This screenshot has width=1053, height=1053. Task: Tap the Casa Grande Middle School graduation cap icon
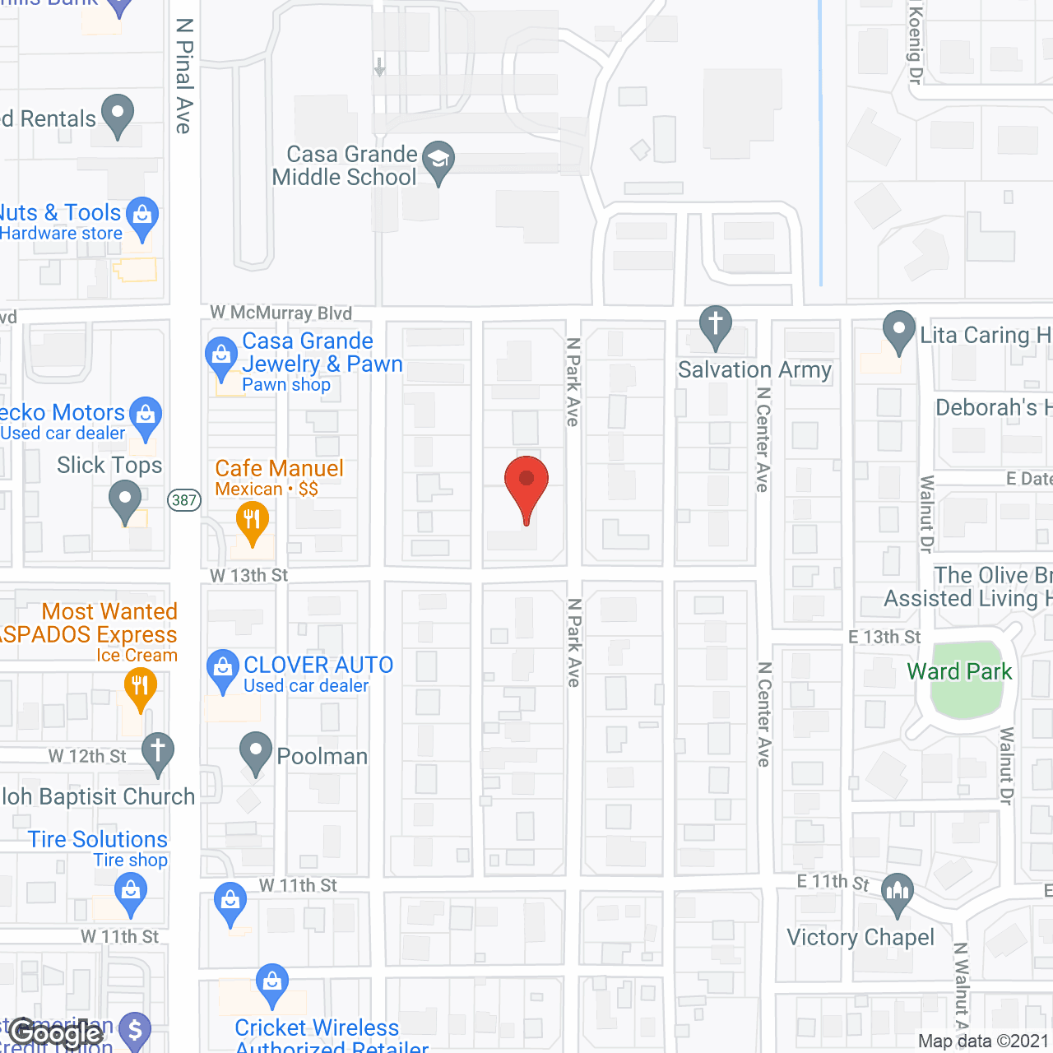coord(438,160)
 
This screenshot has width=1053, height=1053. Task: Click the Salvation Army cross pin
coord(716,325)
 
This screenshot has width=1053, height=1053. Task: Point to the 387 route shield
coord(184,500)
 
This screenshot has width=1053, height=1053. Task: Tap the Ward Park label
coord(959,672)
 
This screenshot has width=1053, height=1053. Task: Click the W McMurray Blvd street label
coord(281,313)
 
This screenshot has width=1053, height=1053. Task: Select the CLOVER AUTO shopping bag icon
coord(223,669)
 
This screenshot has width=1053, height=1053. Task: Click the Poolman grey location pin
coord(256,751)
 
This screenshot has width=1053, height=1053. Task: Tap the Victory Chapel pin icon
coord(898,892)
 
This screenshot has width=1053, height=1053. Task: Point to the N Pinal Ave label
coord(184,76)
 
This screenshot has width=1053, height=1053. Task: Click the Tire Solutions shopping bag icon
coord(131,892)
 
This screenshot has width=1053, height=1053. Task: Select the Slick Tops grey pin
coord(125,499)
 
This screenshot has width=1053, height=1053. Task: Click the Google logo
coord(56,1033)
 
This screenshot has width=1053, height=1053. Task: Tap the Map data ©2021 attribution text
coord(983,1041)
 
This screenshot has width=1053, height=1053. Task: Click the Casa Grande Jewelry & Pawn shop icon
coord(221,356)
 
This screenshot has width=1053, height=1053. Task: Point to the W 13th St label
coord(248,575)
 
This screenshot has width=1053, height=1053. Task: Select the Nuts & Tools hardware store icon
coord(143,216)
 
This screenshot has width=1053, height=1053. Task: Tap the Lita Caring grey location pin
coord(899,330)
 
